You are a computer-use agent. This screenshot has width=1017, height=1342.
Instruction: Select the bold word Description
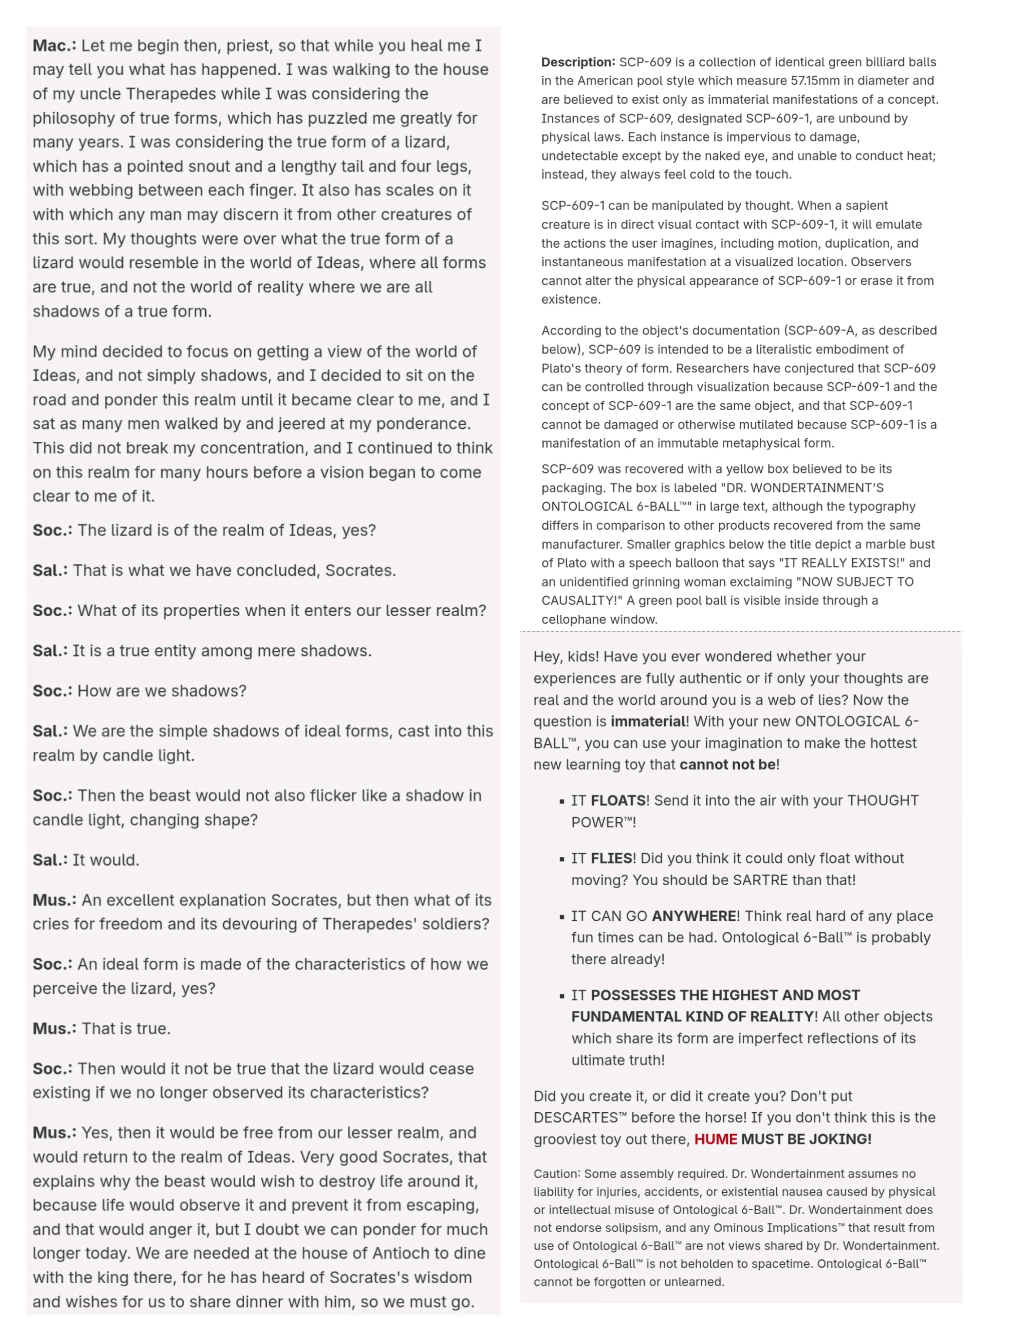point(577,62)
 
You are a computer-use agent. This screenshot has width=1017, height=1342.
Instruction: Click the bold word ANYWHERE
point(694,915)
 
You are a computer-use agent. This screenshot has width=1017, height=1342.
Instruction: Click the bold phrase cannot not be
point(727,764)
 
